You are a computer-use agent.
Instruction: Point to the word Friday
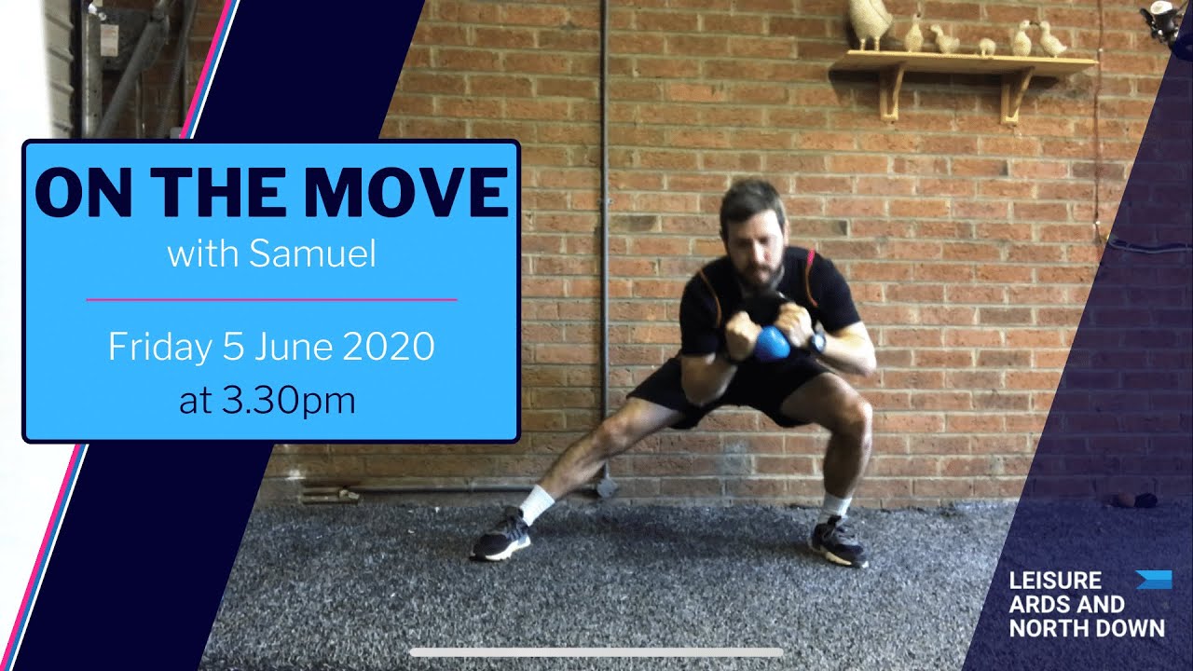(x=159, y=347)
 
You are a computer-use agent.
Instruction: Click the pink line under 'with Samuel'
(x=271, y=300)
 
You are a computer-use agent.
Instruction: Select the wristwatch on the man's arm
(x=817, y=342)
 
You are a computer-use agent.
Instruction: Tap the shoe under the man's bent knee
(x=838, y=542)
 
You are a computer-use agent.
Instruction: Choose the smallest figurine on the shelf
(x=986, y=47)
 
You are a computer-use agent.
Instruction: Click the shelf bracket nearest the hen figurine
(x=891, y=91)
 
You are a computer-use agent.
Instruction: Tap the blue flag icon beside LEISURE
(x=1154, y=580)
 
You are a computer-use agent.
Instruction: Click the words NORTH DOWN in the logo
(x=1087, y=627)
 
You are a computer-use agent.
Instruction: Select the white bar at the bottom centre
(x=596, y=652)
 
